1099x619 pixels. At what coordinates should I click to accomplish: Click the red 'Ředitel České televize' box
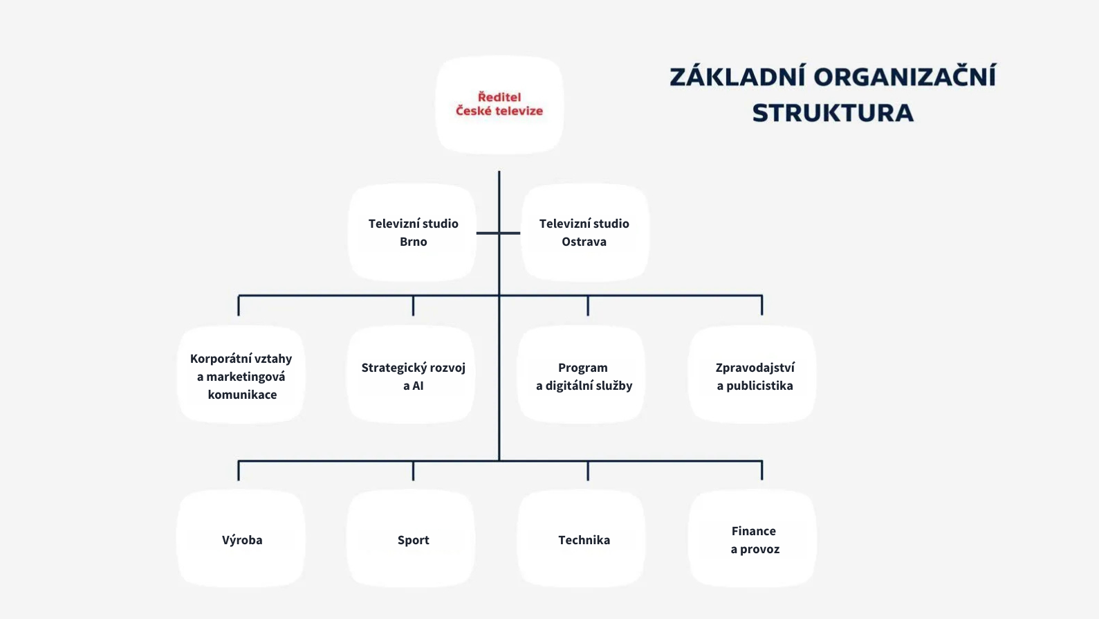point(499,105)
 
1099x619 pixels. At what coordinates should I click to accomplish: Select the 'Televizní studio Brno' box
point(413,233)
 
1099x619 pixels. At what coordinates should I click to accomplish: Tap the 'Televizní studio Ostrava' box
point(584,233)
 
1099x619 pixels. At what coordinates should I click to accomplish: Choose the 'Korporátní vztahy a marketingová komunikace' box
point(241,376)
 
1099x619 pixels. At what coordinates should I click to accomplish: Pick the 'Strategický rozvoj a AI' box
point(413,376)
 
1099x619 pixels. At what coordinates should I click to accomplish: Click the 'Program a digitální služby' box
point(584,376)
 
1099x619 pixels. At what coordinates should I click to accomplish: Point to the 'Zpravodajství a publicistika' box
point(755,376)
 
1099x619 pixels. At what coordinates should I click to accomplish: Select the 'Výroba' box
point(242,540)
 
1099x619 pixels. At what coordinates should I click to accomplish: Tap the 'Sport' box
point(413,540)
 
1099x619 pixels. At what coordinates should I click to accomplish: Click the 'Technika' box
point(584,540)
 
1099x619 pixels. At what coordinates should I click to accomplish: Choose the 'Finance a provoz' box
point(755,540)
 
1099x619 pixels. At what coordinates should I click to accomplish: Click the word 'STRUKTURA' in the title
point(833,113)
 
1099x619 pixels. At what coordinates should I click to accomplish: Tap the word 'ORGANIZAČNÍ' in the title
point(905,76)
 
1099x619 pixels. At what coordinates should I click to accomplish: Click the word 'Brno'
point(414,242)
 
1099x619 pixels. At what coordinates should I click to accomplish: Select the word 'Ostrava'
point(584,242)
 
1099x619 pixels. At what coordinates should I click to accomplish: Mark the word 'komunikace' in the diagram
point(242,395)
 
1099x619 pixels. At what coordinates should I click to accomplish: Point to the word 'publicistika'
point(759,386)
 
